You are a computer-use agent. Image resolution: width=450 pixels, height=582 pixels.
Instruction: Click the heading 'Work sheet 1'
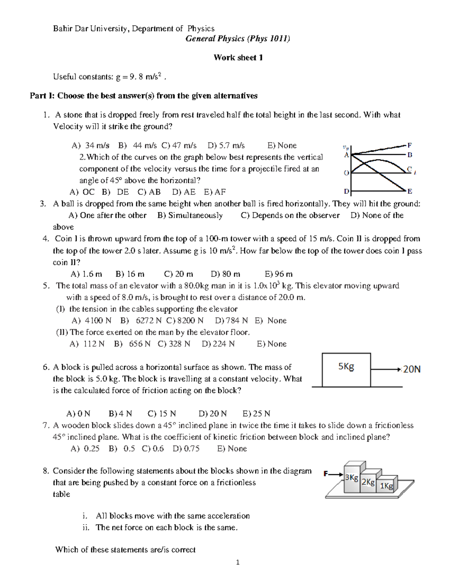[238, 57]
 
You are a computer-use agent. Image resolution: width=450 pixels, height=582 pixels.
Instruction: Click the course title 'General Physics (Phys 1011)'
[238, 39]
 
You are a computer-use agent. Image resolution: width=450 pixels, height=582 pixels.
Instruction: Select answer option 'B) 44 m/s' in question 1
[137, 145]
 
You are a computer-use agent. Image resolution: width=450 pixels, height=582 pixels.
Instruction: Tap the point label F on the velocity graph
[409, 145]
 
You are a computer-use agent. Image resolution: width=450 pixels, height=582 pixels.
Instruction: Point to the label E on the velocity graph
[409, 192]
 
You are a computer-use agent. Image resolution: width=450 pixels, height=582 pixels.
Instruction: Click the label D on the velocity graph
[346, 192]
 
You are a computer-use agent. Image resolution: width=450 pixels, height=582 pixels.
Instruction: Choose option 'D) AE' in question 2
[183, 192]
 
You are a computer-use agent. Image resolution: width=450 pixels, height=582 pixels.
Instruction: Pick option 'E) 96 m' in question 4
[278, 274]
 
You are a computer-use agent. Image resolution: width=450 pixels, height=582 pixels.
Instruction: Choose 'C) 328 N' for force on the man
[174, 344]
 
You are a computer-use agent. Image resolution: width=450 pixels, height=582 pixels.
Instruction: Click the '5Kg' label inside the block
[346, 367]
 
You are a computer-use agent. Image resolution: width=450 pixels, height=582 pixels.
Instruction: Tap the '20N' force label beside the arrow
[412, 370]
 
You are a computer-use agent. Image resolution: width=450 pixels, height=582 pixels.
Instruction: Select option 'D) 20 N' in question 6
[212, 414]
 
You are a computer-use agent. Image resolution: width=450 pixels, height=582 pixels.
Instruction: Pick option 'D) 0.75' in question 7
[186, 449]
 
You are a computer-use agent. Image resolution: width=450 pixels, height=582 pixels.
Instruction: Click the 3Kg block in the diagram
[351, 478]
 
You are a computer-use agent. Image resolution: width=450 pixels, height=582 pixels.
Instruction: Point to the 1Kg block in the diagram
[386, 486]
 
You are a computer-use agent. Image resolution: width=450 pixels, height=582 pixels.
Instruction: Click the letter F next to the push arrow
[326, 474]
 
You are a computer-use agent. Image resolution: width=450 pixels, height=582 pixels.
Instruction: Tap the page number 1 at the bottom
[237, 562]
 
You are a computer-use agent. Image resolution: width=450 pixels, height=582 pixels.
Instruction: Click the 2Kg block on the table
[368, 482]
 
